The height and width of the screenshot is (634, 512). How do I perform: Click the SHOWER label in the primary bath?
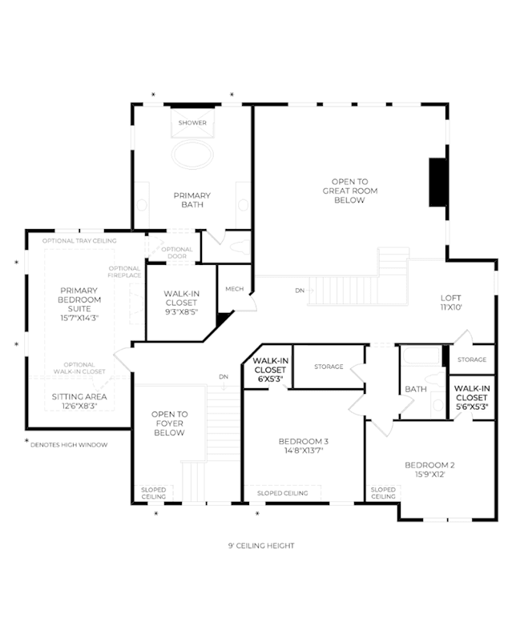coord(192,122)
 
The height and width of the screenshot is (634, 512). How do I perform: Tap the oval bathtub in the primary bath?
coord(192,154)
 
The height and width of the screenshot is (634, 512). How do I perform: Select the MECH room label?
coord(234,289)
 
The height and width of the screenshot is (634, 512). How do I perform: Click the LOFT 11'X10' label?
coord(451,303)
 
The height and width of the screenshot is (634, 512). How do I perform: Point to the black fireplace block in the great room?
coord(437,182)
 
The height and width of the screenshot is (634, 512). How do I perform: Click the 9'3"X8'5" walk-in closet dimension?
coord(181,311)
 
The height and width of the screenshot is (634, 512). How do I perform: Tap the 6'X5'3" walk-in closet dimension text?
coord(270,379)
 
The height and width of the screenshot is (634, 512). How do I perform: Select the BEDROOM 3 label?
coord(304,441)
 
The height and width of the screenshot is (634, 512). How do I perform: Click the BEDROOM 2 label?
coord(429,465)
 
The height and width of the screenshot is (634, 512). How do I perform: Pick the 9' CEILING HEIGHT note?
coord(261,545)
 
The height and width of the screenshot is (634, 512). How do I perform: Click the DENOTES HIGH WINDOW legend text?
coord(69,445)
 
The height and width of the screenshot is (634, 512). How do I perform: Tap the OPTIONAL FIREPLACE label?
coord(124,271)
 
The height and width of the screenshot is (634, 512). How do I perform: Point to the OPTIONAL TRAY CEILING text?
coord(79,241)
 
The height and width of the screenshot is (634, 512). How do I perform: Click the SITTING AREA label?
coord(79,397)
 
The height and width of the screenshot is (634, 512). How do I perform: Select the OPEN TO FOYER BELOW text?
coord(170,423)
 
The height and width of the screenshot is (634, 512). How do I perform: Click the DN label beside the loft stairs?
coord(300,291)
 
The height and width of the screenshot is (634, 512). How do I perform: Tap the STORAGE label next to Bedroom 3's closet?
coord(329,367)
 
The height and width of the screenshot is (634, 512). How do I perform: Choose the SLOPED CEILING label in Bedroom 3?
coord(283,493)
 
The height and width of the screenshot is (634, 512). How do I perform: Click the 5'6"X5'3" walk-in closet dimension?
coord(472,407)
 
